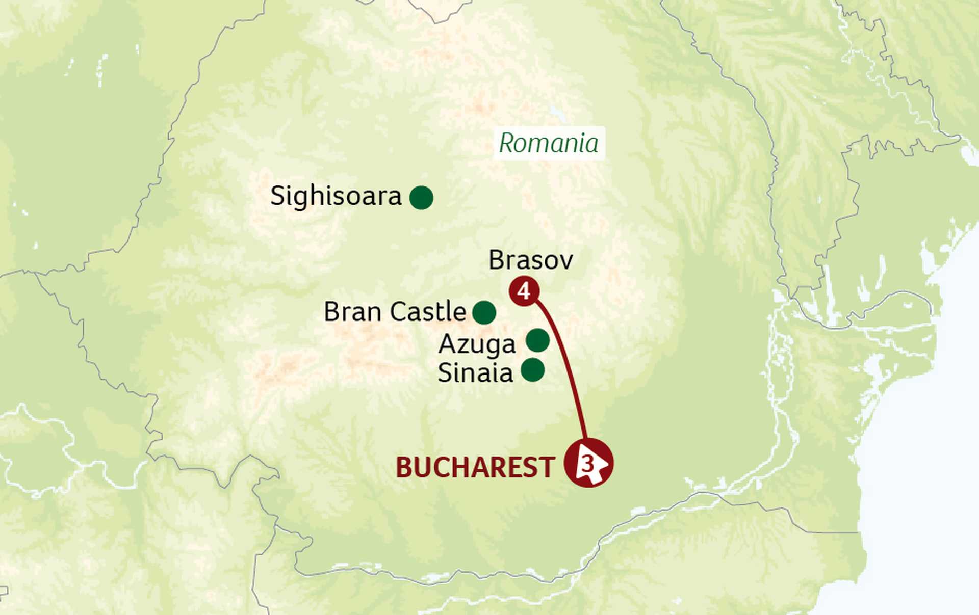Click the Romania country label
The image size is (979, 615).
(549, 143)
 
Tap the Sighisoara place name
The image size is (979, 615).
(336, 197)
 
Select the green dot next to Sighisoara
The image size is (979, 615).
(421, 198)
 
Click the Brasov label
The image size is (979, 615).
(530, 260)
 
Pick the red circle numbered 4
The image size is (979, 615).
(524, 291)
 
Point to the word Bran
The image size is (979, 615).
(353, 312)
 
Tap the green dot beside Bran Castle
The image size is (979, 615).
(484, 312)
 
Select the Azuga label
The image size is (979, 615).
(477, 344)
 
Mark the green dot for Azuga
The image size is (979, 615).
(537, 340)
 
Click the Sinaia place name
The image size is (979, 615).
(475, 373)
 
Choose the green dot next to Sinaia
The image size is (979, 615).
(533, 370)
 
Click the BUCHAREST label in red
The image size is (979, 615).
(475, 467)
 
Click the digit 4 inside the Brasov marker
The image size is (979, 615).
(524, 291)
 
